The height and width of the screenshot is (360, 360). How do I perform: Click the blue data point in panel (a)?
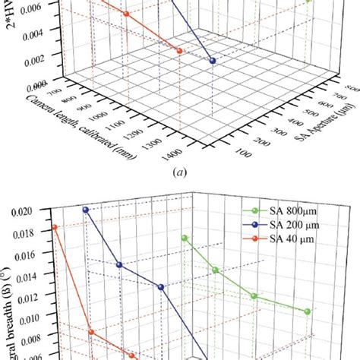213,61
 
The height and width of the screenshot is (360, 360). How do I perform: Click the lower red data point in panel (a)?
179,50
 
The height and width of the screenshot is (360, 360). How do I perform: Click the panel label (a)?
179,172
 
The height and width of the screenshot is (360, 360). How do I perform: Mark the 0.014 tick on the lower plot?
36,276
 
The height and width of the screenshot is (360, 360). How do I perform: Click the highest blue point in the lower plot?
86,210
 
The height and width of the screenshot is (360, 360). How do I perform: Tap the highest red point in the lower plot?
55,227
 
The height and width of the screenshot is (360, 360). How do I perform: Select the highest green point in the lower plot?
185,238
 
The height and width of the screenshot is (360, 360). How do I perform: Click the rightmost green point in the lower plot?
307,311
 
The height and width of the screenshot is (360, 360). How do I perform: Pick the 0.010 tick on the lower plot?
36,319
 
